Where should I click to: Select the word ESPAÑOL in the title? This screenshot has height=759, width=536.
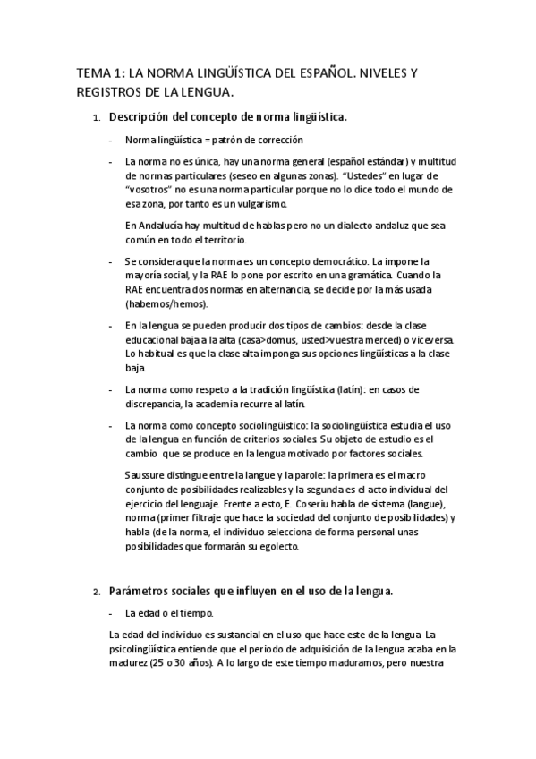tap(316, 73)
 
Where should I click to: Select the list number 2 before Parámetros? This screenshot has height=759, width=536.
tap(96, 593)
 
